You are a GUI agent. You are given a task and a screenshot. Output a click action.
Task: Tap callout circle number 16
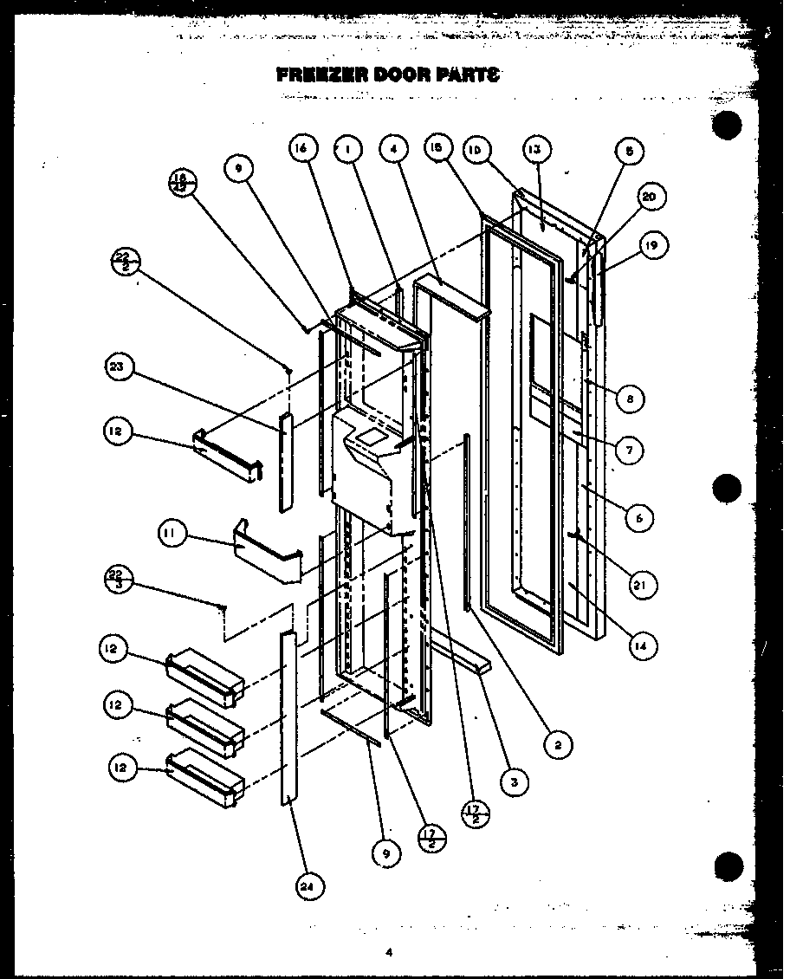click(300, 150)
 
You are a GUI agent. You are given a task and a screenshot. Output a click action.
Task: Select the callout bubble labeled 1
click(348, 150)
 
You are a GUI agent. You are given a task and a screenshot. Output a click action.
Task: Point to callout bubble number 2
click(560, 743)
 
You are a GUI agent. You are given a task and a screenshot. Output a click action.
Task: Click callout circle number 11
click(172, 535)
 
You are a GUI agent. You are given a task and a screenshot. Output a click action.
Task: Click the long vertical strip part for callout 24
click(287, 719)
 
